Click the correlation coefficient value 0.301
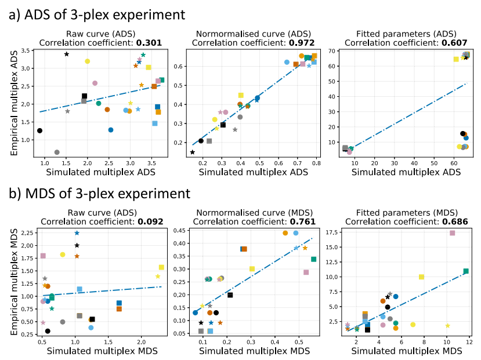(x=148, y=42)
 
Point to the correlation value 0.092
(x=148, y=221)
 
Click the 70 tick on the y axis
(x=332, y=52)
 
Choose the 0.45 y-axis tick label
(x=179, y=231)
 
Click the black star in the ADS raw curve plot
(x=67, y=54)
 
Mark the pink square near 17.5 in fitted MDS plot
(x=453, y=233)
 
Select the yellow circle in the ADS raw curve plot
(x=88, y=61)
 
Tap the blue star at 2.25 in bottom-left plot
(x=77, y=233)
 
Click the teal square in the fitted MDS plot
(x=466, y=271)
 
